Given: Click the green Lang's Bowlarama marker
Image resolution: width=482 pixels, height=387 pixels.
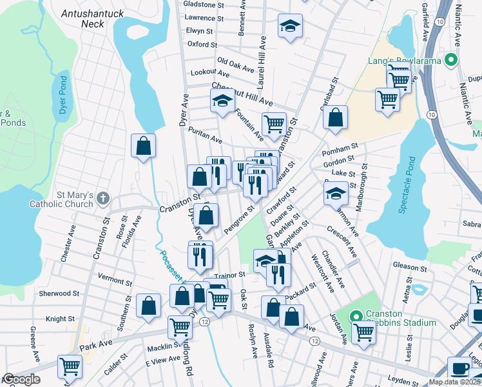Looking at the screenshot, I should [451, 61].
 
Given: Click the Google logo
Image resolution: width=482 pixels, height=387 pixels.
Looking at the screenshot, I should [21, 379].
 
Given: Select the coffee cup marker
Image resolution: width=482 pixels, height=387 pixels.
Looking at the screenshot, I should [460, 368].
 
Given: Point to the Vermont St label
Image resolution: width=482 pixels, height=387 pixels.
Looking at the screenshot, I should [114, 281].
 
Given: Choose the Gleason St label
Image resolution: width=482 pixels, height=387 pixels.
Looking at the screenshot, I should [409, 266].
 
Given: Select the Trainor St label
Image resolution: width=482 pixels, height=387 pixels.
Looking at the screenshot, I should [230, 275].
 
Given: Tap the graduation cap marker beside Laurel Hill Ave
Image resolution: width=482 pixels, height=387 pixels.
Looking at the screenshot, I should [290, 26].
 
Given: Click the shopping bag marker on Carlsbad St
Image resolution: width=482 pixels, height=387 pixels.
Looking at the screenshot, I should [335, 118].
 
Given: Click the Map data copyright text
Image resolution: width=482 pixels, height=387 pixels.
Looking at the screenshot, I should [454, 382].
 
